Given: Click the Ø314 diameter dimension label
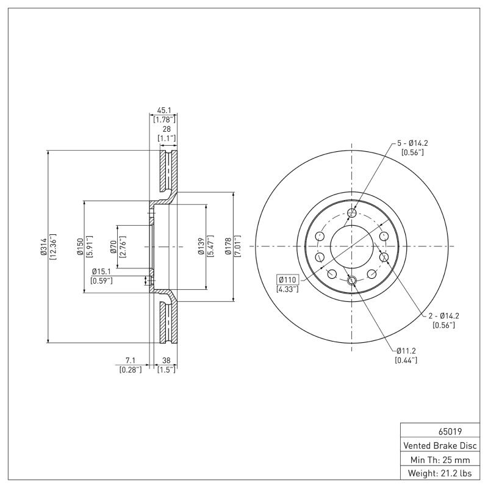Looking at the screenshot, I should (x=44, y=246).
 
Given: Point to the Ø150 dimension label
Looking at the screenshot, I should (x=80, y=246).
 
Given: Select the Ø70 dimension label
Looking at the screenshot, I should (x=113, y=246).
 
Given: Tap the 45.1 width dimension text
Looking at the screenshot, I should (x=164, y=110).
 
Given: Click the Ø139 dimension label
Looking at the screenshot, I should (x=201, y=246).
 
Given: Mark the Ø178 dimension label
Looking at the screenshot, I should (x=229, y=246).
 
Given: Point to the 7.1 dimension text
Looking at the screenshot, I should (x=130, y=360).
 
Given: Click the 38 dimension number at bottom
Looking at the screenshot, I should (x=166, y=360).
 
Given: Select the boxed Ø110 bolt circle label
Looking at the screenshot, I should (x=287, y=280).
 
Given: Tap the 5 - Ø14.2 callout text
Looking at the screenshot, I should (x=413, y=143).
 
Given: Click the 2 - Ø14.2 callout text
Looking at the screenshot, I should (x=443, y=315).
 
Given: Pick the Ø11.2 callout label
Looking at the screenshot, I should (x=406, y=351).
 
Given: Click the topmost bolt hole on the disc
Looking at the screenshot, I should (x=352, y=213).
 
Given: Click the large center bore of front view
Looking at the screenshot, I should (x=352, y=246).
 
